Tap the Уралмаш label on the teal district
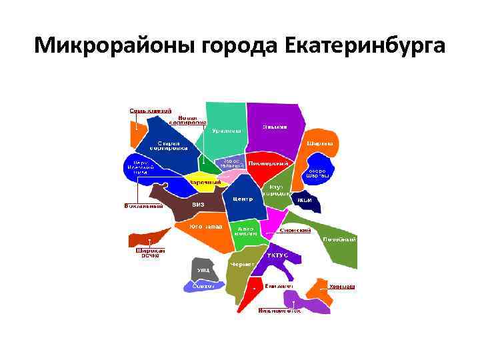(x=226, y=131)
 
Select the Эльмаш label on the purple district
(x=274, y=127)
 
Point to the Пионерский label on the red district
(x=268, y=163)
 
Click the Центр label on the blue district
(x=242, y=199)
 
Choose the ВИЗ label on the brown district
(x=198, y=205)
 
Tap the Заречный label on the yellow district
(x=201, y=183)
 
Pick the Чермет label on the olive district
(x=239, y=265)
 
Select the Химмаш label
(x=341, y=287)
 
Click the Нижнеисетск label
(x=279, y=310)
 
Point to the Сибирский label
(x=295, y=230)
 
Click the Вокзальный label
(x=144, y=206)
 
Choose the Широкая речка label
(x=151, y=254)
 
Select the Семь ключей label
(x=150, y=110)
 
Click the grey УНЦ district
(x=201, y=269)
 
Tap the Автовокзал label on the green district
(x=244, y=231)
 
